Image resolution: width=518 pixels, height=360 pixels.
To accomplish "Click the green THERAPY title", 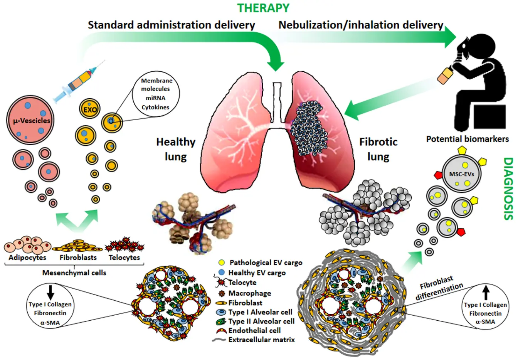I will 263,8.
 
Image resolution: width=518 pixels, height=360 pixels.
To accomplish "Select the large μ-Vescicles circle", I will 29,120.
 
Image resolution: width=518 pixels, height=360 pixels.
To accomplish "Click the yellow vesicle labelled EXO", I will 89,109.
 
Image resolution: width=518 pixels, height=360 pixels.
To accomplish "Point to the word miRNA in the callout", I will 155,98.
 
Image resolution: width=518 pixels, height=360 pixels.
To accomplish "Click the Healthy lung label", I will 175,149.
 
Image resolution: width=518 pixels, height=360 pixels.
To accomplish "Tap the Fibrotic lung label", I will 378,149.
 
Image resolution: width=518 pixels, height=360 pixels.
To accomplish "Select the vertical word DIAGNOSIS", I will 509,188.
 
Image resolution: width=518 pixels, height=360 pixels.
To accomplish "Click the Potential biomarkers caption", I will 467,139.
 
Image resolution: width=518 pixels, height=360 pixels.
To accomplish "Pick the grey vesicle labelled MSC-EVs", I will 461,174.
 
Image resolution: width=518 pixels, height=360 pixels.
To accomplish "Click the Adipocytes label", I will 27,257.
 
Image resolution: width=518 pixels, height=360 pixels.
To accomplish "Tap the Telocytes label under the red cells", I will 124,257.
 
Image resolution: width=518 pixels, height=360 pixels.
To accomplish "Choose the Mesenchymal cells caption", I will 74,273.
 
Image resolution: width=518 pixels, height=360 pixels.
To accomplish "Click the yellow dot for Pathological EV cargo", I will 221,262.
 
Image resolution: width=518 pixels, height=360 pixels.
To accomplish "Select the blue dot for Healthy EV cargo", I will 221,272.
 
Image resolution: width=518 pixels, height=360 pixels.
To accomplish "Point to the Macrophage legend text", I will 250,293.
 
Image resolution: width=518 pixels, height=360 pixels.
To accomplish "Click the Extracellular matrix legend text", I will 261,340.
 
